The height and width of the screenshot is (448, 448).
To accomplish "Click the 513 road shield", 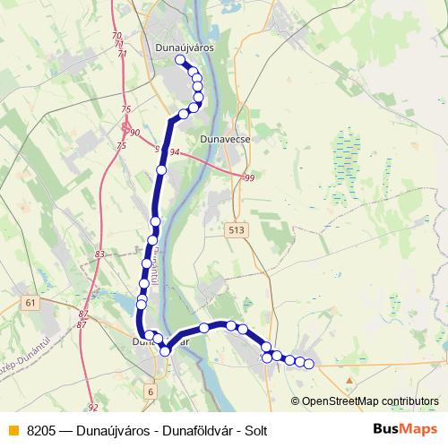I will [x=236, y=230].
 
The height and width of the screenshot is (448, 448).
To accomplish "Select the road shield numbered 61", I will [x=32, y=303].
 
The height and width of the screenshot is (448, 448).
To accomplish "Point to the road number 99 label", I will [x=249, y=179].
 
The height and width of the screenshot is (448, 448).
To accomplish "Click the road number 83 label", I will [x=99, y=255].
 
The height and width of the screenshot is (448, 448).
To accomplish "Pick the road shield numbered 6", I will [x=151, y=392].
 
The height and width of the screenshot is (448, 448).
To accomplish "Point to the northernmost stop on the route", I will [x=180, y=61].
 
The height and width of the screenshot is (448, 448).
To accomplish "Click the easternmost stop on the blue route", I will [x=309, y=364].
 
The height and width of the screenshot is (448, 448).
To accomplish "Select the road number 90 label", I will [x=135, y=133].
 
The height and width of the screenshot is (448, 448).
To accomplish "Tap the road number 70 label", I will [x=117, y=35].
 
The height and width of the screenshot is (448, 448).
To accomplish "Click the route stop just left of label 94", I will [x=161, y=169].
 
